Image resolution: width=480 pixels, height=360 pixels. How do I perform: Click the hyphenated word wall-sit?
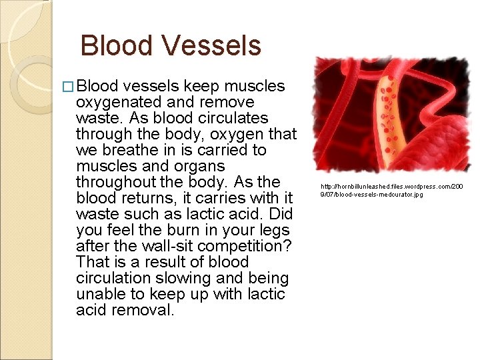tap(159, 246)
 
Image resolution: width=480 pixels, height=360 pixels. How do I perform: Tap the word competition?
tap(240, 246)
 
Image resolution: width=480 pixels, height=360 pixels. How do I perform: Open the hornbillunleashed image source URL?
tap(391, 190)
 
